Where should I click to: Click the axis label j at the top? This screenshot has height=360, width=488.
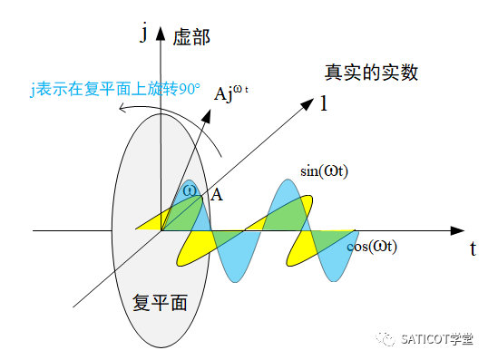coord(142,34)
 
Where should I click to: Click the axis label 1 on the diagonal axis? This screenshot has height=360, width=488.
coord(324,103)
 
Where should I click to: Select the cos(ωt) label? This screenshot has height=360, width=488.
coord(372,246)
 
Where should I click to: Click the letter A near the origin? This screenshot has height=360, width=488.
coord(217,194)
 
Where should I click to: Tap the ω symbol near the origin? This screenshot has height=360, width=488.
coord(189,190)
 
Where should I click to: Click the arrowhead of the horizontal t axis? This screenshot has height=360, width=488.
coord(461,230)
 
